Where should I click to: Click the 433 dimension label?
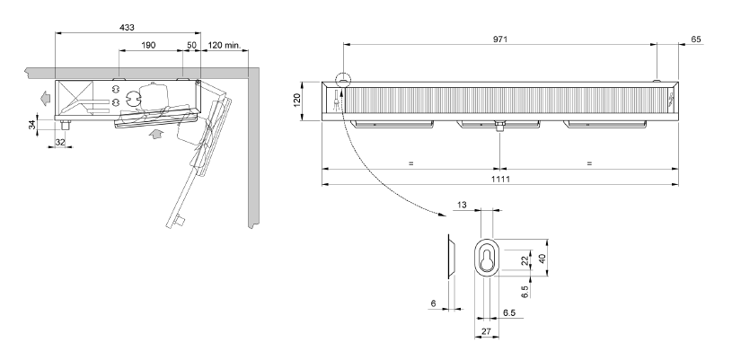(x=127, y=28)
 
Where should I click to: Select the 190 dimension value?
(x=148, y=45)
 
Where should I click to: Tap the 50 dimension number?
(x=191, y=45)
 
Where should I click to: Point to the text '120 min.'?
(x=224, y=45)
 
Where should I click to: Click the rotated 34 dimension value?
(x=32, y=125)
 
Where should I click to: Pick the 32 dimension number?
(x=60, y=143)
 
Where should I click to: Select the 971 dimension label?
(x=500, y=40)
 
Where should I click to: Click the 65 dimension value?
(x=695, y=40)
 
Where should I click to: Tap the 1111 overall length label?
(x=500, y=179)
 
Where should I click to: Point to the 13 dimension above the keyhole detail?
(x=462, y=205)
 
